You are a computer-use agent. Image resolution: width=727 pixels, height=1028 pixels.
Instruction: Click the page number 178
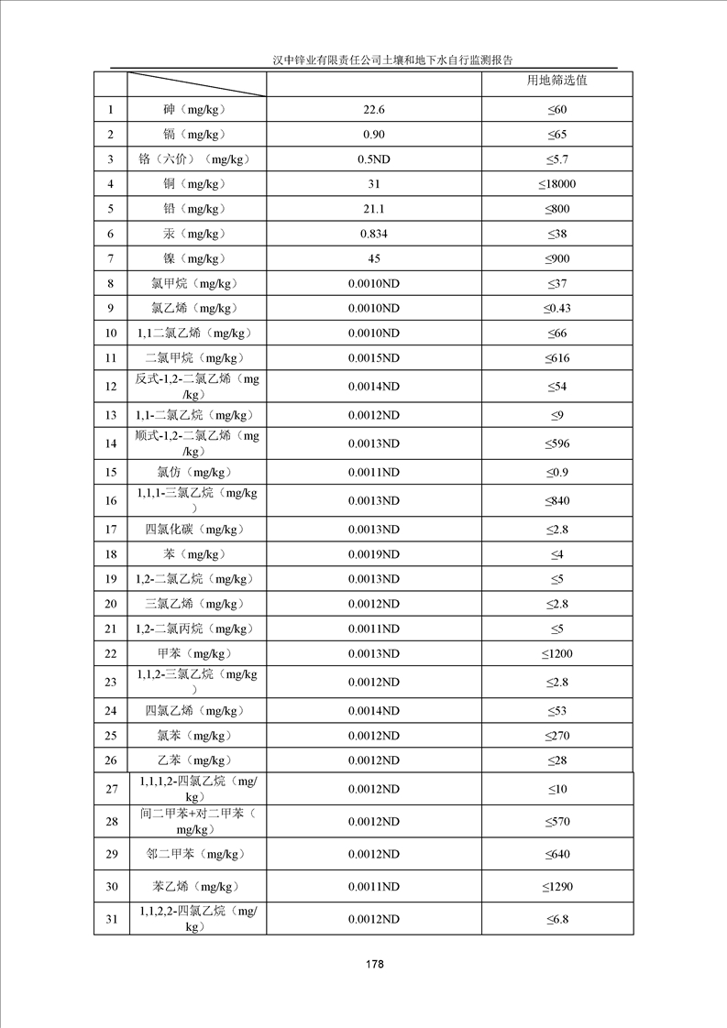pyautogui.click(x=373, y=965)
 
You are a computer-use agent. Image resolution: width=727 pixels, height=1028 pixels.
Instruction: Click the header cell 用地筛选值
pyautogui.click(x=557, y=81)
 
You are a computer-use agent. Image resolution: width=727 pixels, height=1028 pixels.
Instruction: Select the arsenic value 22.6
pyautogui.click(x=374, y=110)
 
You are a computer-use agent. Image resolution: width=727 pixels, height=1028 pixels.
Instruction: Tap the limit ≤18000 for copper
pyautogui.click(x=557, y=184)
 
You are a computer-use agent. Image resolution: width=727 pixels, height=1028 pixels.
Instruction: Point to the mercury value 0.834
pyautogui.click(x=374, y=234)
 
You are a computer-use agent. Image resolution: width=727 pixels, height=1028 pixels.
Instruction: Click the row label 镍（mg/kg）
pyautogui.click(x=197, y=258)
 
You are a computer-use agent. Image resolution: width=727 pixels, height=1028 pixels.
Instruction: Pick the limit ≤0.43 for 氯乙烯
pyautogui.click(x=557, y=308)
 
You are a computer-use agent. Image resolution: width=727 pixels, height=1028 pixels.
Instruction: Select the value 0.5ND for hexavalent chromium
pyautogui.click(x=374, y=159)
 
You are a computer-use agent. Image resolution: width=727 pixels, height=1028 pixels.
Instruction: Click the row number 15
pyautogui.click(x=111, y=473)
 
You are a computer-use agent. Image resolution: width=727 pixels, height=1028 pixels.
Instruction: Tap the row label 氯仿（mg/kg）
pyautogui.click(x=197, y=473)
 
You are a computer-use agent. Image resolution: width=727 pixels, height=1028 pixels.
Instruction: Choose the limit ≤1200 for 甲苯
pyautogui.click(x=557, y=653)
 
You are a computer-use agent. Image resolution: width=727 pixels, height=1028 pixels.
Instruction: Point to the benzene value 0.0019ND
pyautogui.click(x=374, y=554)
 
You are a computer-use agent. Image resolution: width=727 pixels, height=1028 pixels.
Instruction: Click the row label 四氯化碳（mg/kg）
pyautogui.click(x=197, y=530)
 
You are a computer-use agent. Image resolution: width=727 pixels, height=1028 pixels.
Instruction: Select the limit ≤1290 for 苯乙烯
pyautogui.click(x=557, y=886)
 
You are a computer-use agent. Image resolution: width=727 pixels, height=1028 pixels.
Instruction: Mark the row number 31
pyautogui.click(x=111, y=919)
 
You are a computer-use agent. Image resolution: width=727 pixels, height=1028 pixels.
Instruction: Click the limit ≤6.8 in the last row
pyautogui.click(x=557, y=919)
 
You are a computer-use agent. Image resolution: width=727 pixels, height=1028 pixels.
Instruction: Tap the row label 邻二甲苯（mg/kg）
pyautogui.click(x=197, y=854)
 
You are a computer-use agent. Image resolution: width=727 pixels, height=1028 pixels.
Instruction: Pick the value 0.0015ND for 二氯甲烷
pyautogui.click(x=374, y=357)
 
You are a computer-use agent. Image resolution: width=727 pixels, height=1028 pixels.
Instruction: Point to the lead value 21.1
pyautogui.click(x=374, y=209)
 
